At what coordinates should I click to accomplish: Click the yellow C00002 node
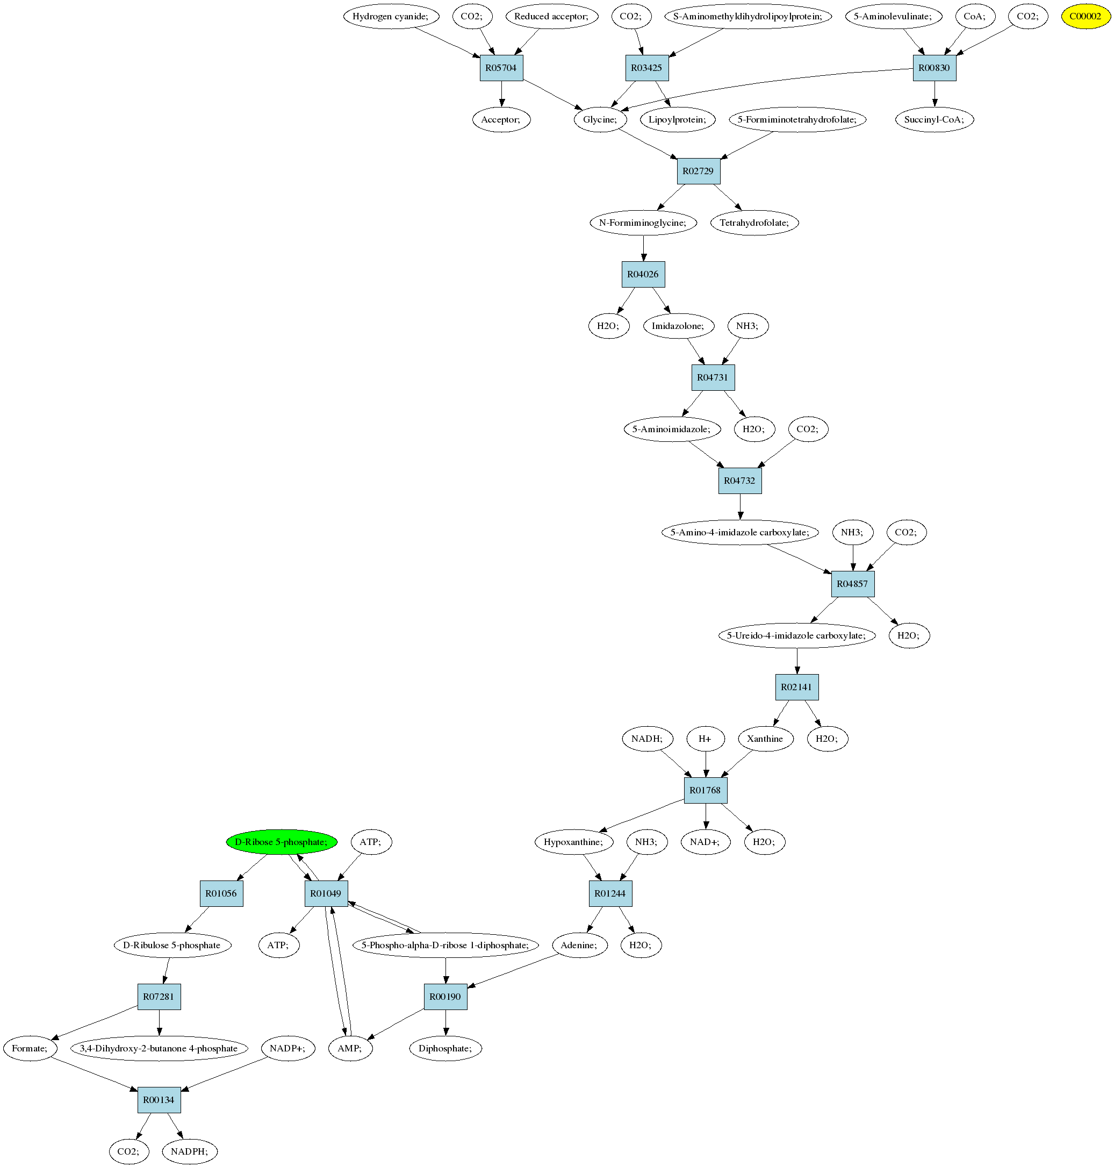[1086, 17]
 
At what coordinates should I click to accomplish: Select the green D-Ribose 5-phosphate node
[282, 842]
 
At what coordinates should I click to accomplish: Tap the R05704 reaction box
[501, 68]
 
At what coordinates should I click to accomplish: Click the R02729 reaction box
[698, 171]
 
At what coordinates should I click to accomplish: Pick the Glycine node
[600, 120]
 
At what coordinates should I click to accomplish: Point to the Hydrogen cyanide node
[391, 17]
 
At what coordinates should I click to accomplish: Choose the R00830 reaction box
[934, 68]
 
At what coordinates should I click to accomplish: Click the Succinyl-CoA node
[934, 120]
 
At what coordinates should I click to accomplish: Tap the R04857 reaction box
[853, 584]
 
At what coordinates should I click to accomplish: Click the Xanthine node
[765, 739]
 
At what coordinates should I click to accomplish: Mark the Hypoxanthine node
[573, 842]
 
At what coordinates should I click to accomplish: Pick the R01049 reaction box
[326, 893]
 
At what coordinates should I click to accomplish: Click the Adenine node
[579, 945]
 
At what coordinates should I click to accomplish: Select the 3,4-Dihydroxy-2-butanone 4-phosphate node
[159, 1048]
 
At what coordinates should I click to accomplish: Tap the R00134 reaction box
[159, 1100]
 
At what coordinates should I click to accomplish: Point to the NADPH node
[189, 1151]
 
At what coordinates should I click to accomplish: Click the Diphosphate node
[445, 1048]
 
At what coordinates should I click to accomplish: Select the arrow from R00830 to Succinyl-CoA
[935, 95]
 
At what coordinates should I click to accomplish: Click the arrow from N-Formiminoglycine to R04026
[644, 248]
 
